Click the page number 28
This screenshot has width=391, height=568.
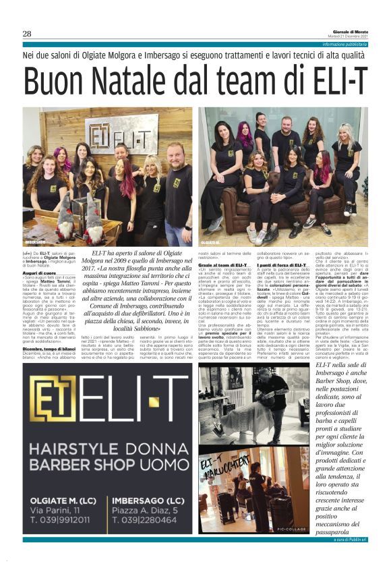[x=27, y=34]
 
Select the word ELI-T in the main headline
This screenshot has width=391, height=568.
[x=329, y=82]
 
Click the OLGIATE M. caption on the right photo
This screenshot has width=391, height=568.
[x=210, y=242]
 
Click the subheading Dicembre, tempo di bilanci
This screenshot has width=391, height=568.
[x=47, y=329]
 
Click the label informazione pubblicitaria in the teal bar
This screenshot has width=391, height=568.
[x=344, y=44]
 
